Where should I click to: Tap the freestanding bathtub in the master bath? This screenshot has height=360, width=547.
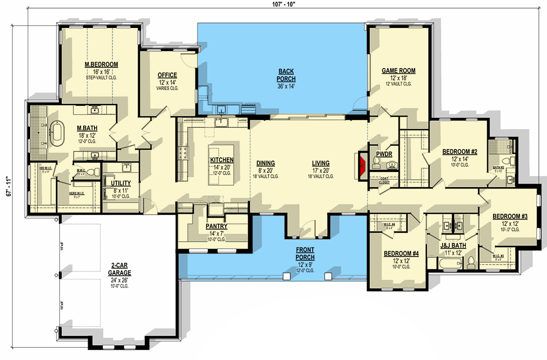coord(57,133)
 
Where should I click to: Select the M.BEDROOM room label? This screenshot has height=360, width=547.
coord(101,65)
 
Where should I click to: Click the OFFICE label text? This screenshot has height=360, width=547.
coord(167,75)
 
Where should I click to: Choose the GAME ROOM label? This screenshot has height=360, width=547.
coord(398,71)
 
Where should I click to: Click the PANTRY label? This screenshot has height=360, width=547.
coord(216,226)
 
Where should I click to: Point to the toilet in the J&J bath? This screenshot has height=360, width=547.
coord(471,262)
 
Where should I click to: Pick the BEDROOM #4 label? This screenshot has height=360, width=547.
coord(401,254)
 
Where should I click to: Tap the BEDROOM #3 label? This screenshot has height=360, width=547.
coord(510,216)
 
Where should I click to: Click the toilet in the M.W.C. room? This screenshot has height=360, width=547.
coord(92,172)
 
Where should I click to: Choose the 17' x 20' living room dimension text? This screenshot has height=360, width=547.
coord(321,170)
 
